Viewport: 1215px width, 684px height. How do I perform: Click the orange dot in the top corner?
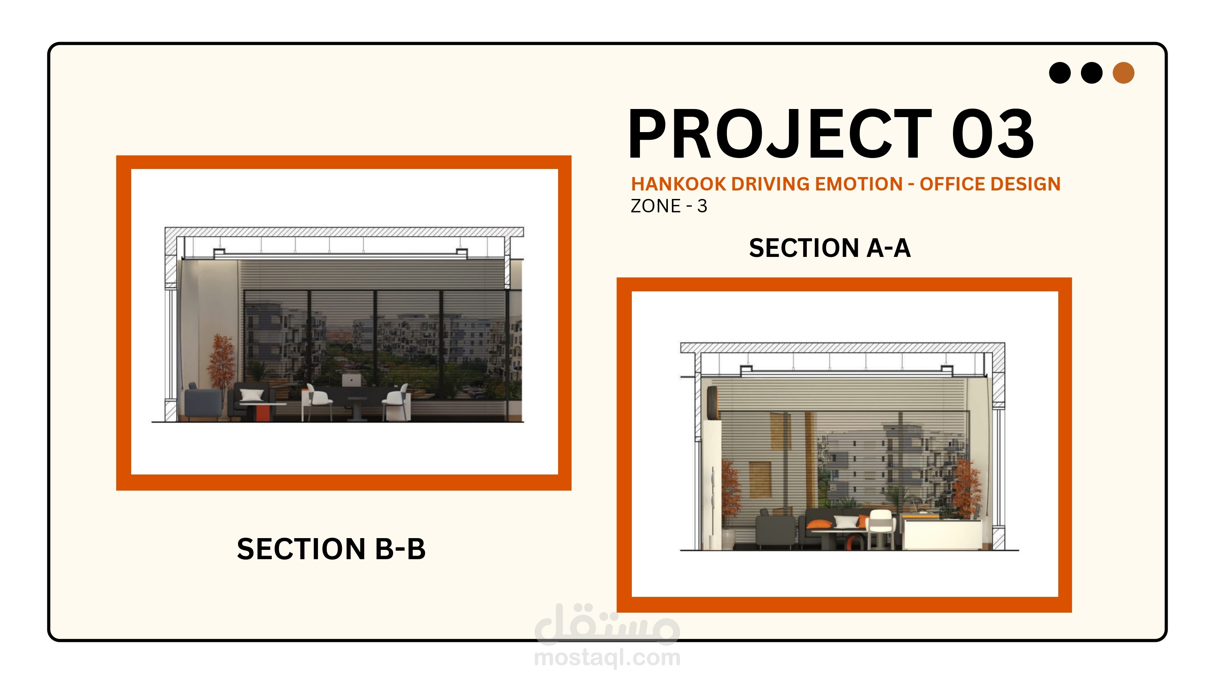coord(1123,73)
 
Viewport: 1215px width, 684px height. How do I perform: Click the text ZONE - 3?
coord(669,206)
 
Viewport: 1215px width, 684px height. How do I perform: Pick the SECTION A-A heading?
coord(830,248)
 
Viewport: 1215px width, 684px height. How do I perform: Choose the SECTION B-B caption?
coord(331,549)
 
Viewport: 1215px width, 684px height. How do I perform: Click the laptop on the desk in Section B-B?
coord(352,380)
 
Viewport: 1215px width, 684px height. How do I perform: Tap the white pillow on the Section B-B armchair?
coord(252,395)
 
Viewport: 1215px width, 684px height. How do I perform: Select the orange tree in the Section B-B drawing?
coord(221,361)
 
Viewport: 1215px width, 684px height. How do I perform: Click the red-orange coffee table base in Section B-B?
coord(262,413)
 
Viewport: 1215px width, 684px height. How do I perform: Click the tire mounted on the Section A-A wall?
coord(711,403)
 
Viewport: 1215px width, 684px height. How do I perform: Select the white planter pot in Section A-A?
coord(728,539)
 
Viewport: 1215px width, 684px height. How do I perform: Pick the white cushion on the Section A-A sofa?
coord(846,522)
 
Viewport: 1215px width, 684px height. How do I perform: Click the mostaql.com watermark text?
coord(607,657)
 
